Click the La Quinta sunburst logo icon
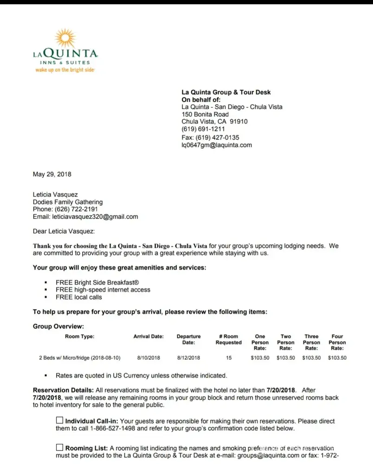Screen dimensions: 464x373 pyautogui.click(x=65, y=39)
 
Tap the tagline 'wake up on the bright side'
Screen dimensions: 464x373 pyautogui.click(x=65, y=70)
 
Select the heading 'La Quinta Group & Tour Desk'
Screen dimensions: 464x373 pyautogui.click(x=226, y=92)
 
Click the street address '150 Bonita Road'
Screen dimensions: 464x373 pyautogui.click(x=205, y=114)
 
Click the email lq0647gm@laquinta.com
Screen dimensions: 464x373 pyautogui.click(x=217, y=145)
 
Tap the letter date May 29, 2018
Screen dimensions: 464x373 pyautogui.click(x=52, y=174)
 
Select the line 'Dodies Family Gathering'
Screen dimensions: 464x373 pyautogui.click(x=68, y=202)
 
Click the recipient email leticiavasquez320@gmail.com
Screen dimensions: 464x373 pyautogui.click(x=95, y=217)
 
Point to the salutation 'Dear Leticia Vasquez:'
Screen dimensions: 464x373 pyautogui.click(x=64, y=231)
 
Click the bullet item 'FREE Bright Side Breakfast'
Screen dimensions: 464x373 pyautogui.click(x=97, y=282)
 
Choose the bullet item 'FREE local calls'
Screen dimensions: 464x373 pyautogui.click(x=79, y=297)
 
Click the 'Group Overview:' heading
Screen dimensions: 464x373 pyautogui.click(x=58, y=327)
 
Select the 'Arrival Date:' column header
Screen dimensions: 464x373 pyautogui.click(x=148, y=336)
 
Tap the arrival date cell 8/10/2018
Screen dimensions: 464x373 pyautogui.click(x=148, y=358)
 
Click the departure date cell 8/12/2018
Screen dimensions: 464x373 pyautogui.click(x=188, y=358)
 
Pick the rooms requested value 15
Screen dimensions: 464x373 pyautogui.click(x=228, y=358)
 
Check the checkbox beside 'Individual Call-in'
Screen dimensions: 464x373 pyautogui.click(x=59, y=420)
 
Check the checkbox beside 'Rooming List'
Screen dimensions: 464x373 pyautogui.click(x=59, y=448)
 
